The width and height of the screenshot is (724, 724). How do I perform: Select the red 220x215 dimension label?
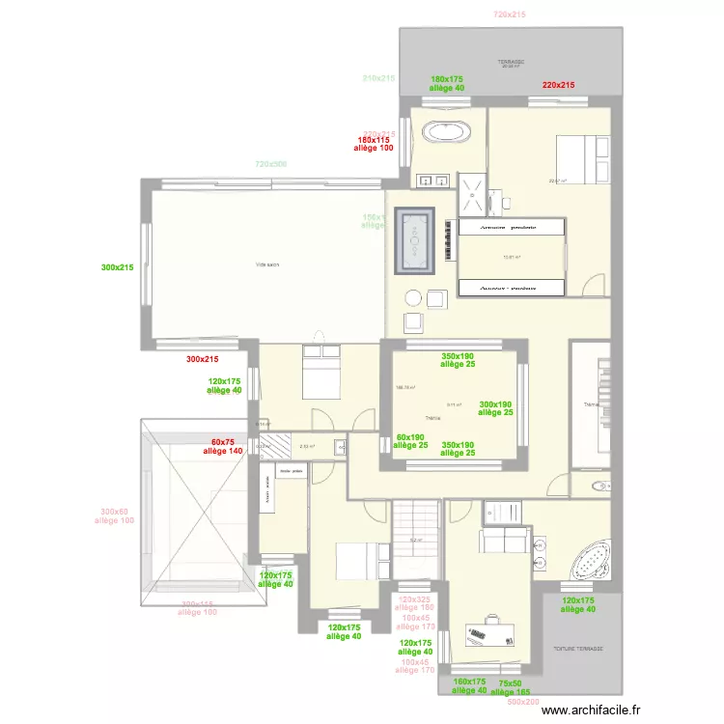558,85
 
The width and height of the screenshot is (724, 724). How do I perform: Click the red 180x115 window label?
373,140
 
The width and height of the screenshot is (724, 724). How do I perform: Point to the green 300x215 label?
118,267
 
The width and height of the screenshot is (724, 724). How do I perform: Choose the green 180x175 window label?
447,78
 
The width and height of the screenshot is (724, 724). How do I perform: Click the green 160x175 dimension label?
470,681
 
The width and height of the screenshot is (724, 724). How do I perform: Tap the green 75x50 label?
509,681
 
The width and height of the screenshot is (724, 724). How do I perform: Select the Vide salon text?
267,265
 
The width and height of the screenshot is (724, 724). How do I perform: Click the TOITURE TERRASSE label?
577,649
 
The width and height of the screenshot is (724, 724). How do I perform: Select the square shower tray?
474,190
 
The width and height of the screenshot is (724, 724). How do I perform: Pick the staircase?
416,542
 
